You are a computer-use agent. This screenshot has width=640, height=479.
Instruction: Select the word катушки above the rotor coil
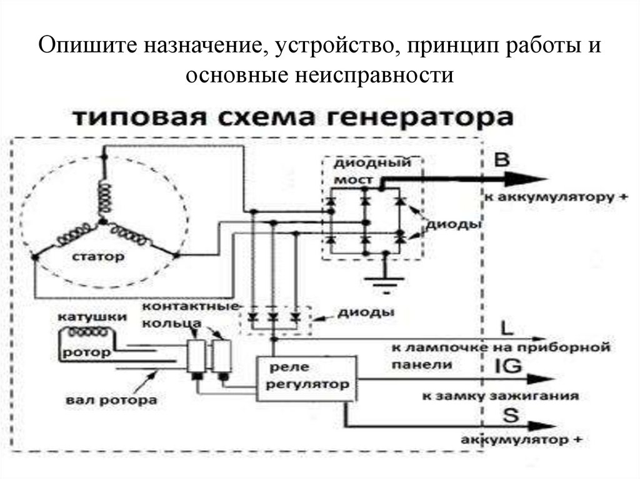86,317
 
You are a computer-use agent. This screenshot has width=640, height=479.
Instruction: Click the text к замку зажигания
500,396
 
